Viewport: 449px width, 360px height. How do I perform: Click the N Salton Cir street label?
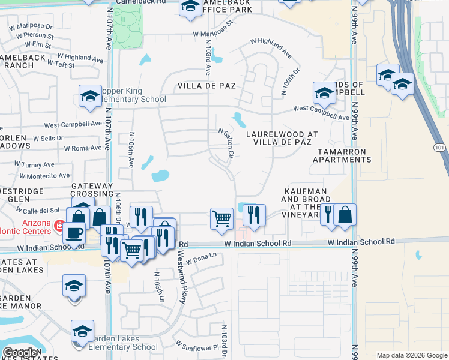tap(226, 143)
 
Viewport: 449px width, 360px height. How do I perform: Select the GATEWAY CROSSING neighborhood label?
tap(92, 190)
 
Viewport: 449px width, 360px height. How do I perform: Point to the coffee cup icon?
tap(74, 233)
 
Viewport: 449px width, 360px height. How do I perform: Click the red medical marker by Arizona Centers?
tap(59, 226)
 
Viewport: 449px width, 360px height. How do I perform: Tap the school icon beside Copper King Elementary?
tap(91, 96)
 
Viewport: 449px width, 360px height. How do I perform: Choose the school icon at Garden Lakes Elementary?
tap(83, 331)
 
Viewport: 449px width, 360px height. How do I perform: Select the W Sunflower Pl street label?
tap(197, 346)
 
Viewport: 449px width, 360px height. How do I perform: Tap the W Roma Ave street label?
tap(83, 148)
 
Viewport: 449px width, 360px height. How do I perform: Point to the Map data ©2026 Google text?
tap(412, 355)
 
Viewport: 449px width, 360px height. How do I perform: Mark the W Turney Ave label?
tap(35, 164)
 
